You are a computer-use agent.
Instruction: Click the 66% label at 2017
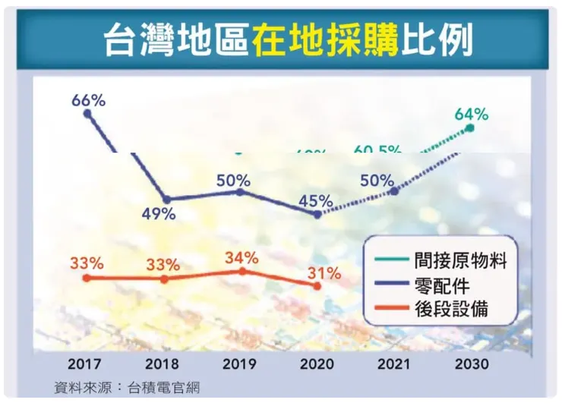(x=88, y=99)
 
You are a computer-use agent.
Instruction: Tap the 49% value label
(x=159, y=214)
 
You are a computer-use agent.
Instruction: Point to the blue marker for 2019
(x=241, y=192)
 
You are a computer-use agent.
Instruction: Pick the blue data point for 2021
(x=394, y=190)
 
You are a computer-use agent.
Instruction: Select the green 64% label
(x=471, y=115)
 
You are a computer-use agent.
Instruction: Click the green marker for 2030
(x=470, y=128)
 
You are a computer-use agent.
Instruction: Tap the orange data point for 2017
(x=87, y=279)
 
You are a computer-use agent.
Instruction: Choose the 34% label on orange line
(x=242, y=257)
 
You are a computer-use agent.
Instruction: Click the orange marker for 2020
(x=317, y=285)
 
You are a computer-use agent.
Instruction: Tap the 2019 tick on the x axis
(x=241, y=364)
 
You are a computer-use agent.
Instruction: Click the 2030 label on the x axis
(x=471, y=364)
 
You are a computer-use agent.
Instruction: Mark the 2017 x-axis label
(x=85, y=364)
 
